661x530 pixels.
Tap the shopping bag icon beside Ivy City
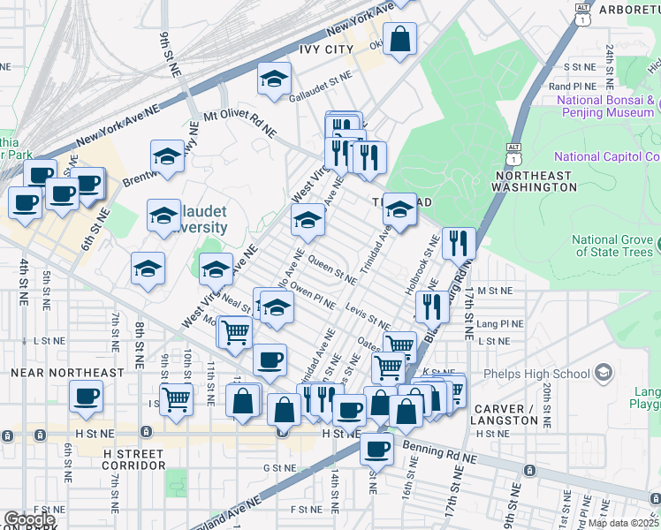click(399, 39)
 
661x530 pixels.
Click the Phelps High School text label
click(543, 373)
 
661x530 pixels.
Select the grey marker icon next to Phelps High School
click(604, 372)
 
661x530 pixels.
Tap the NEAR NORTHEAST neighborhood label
click(67, 373)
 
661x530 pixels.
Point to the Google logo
click(28, 520)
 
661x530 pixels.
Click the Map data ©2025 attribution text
click(624, 523)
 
